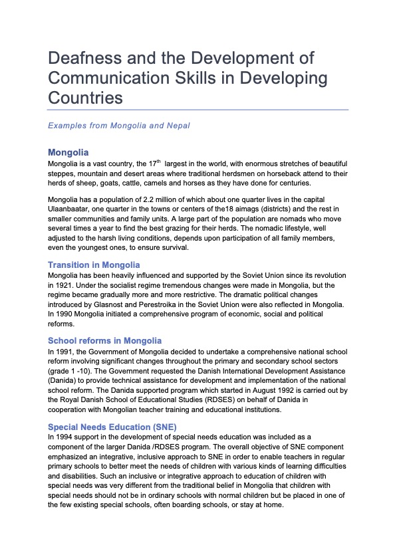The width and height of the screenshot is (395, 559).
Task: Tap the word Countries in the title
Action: pos(86,97)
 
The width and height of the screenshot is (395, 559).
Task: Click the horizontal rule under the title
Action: pos(198,110)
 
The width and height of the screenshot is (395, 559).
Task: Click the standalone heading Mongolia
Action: pos(68,153)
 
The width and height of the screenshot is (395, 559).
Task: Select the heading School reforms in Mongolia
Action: pos(104,340)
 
